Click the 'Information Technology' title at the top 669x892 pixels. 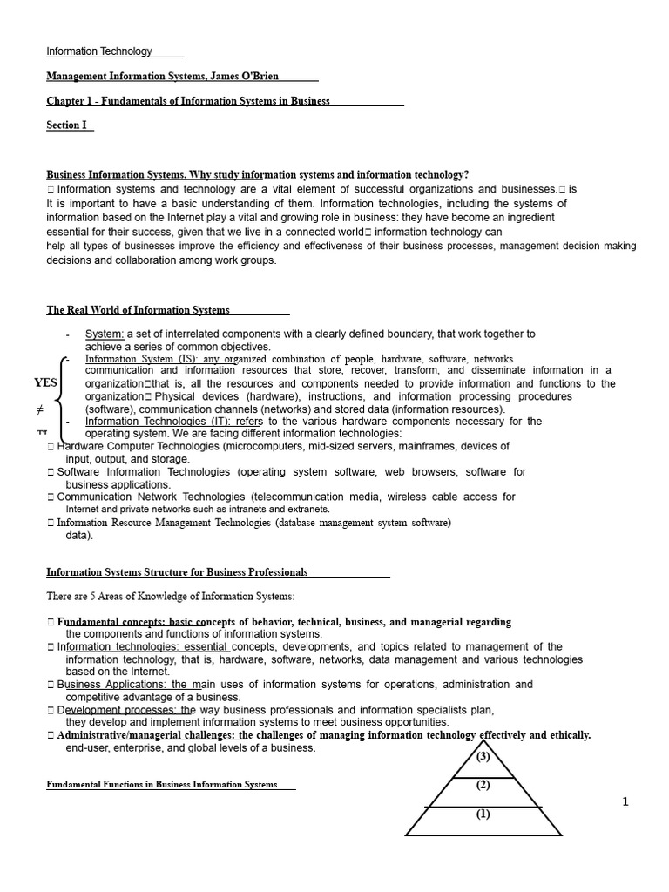(99, 51)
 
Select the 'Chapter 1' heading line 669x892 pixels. (188, 101)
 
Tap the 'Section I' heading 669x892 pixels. (67, 125)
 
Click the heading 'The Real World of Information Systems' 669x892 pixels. (139, 310)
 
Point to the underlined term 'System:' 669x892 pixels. (105, 334)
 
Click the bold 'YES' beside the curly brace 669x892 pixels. (45, 382)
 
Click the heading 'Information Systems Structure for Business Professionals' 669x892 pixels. (177, 572)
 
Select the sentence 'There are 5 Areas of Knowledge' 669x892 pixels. (171, 597)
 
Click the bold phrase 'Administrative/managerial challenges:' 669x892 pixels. (146, 735)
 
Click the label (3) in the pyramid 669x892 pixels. (483, 756)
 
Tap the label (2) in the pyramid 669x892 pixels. (483, 785)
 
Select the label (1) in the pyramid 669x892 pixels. (483, 814)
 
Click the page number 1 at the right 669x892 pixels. (625, 802)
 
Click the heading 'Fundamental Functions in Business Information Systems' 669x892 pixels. (162, 785)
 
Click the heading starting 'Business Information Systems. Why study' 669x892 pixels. (257, 175)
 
